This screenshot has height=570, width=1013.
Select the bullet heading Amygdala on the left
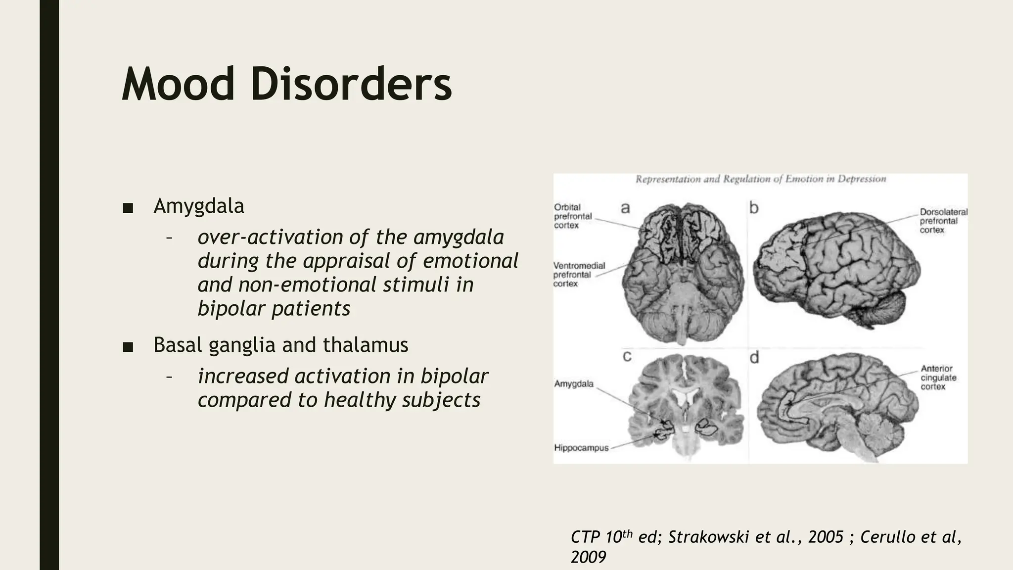coord(199,206)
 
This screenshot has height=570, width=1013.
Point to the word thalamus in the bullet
coord(366,345)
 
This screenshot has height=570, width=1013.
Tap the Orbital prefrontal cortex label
coord(573,216)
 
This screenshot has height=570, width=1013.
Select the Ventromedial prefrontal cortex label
coord(579,275)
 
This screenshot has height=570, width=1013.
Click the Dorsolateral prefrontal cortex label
coord(943,221)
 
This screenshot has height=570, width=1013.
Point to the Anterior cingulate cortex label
coord(938,378)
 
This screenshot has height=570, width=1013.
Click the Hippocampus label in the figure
coord(581,448)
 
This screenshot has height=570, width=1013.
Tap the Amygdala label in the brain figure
coord(574,383)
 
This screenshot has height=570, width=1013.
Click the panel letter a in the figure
coord(625,208)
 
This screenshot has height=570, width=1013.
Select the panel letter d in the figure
coord(754,357)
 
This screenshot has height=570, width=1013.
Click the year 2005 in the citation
coord(826,537)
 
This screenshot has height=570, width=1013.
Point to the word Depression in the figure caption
coord(862,179)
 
